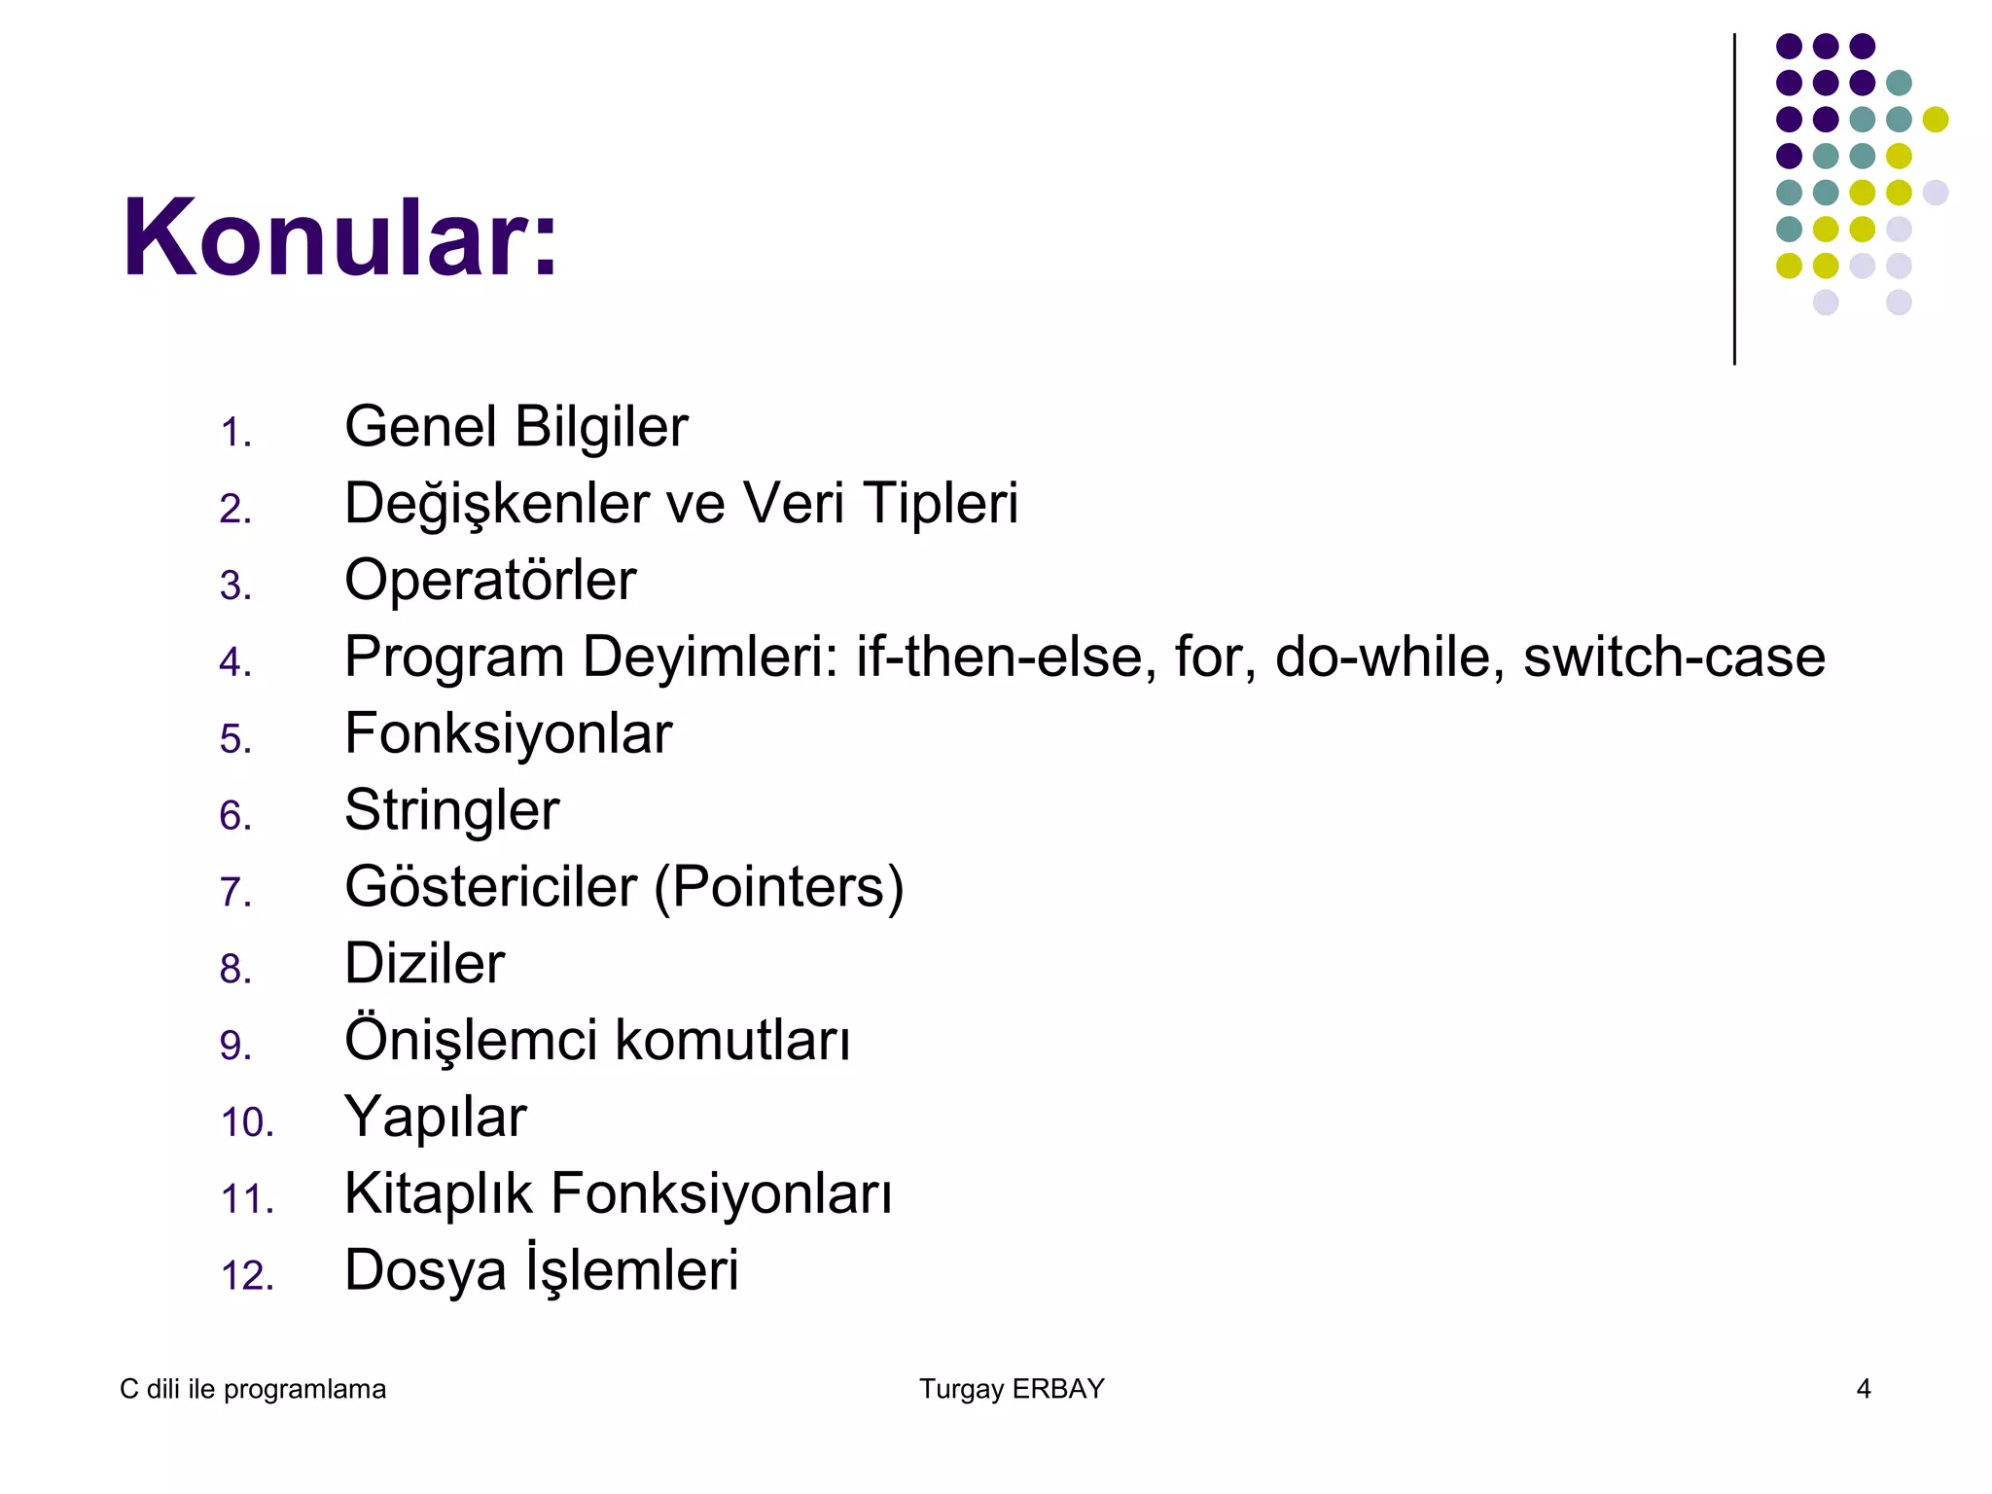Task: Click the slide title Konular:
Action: point(339,238)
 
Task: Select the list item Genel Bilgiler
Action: point(516,427)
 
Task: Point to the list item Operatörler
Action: point(490,581)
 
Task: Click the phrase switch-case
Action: point(1674,657)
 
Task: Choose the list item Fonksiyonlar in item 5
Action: point(508,733)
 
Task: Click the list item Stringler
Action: point(451,810)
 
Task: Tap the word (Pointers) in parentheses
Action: point(778,887)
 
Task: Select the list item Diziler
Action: point(424,964)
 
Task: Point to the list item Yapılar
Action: point(435,1118)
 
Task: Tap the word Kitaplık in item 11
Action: point(439,1194)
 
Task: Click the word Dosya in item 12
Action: point(425,1271)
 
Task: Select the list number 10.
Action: point(247,1122)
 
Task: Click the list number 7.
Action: point(235,892)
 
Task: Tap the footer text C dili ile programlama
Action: point(253,1389)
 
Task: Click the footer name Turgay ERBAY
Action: point(1012,1389)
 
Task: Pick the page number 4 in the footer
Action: point(1864,1389)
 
